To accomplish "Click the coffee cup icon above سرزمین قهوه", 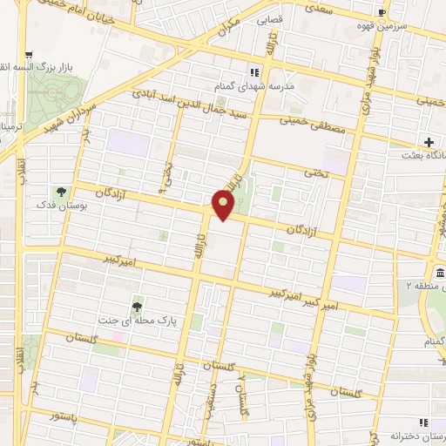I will point(382,12).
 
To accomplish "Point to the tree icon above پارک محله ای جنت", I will point(137,306).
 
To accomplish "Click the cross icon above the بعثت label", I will point(428,142).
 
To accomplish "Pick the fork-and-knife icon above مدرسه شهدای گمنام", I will point(255,72).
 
